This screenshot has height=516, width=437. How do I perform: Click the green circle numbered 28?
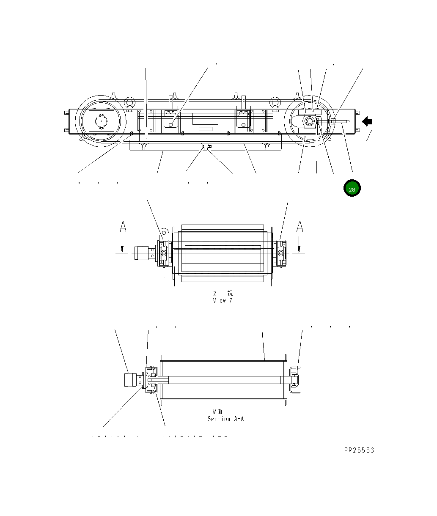(x=352, y=189)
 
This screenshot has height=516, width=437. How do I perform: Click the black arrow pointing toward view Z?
(x=367, y=122)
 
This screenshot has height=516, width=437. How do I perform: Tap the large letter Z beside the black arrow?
(x=369, y=136)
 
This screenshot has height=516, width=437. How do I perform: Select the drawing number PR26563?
(x=359, y=450)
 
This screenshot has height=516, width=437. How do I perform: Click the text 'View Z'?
(x=223, y=301)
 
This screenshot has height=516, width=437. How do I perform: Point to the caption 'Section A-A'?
(x=225, y=419)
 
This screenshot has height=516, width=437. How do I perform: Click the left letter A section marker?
(x=123, y=228)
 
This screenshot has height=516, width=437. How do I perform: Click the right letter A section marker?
(x=300, y=228)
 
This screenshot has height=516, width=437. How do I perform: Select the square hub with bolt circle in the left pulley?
(x=101, y=122)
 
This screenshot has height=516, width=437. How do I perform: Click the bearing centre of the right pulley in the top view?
(x=309, y=122)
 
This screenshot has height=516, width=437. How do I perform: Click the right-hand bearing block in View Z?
(x=280, y=254)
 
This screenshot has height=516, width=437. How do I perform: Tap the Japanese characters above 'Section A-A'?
(x=217, y=412)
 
